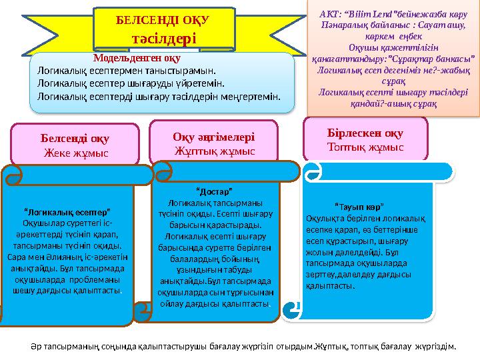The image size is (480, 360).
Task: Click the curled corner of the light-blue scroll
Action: click(294, 308)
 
